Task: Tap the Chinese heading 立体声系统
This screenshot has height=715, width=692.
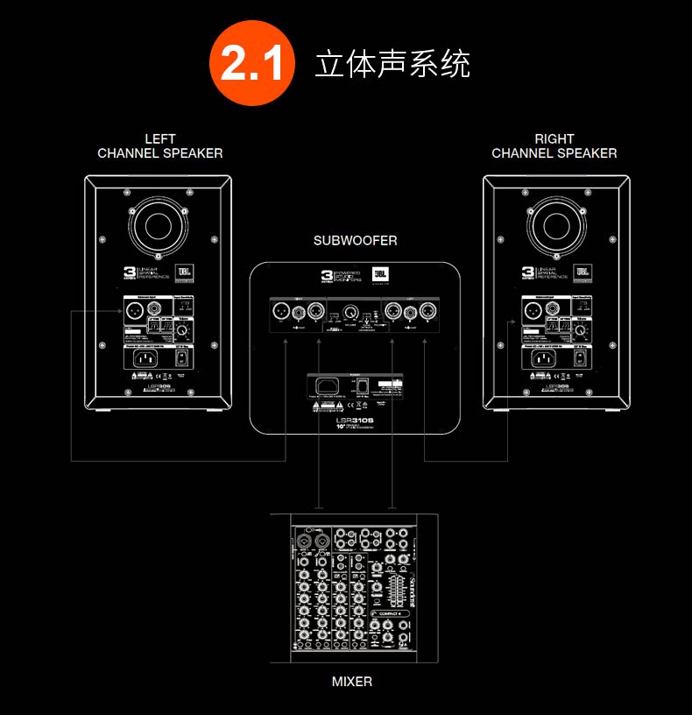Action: (392, 64)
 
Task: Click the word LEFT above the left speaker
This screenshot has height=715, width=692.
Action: (160, 138)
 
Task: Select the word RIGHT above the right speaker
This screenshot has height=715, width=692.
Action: (554, 138)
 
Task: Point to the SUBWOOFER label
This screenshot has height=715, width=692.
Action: (356, 240)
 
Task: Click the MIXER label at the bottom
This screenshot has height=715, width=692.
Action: (351, 681)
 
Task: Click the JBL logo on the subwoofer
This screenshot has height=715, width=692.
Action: (380, 275)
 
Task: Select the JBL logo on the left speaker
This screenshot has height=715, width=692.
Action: (184, 273)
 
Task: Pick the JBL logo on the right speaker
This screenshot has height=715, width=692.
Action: (582, 273)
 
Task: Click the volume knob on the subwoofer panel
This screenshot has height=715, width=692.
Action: (350, 311)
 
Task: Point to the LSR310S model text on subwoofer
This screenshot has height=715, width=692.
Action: (356, 420)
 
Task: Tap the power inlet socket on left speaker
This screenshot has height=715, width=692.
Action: (143, 357)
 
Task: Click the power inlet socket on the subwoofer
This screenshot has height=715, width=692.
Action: (332, 386)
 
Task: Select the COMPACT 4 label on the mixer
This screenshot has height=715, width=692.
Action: (392, 613)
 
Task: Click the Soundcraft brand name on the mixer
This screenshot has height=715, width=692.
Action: (407, 592)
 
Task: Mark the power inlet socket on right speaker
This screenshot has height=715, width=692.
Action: (541, 357)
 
